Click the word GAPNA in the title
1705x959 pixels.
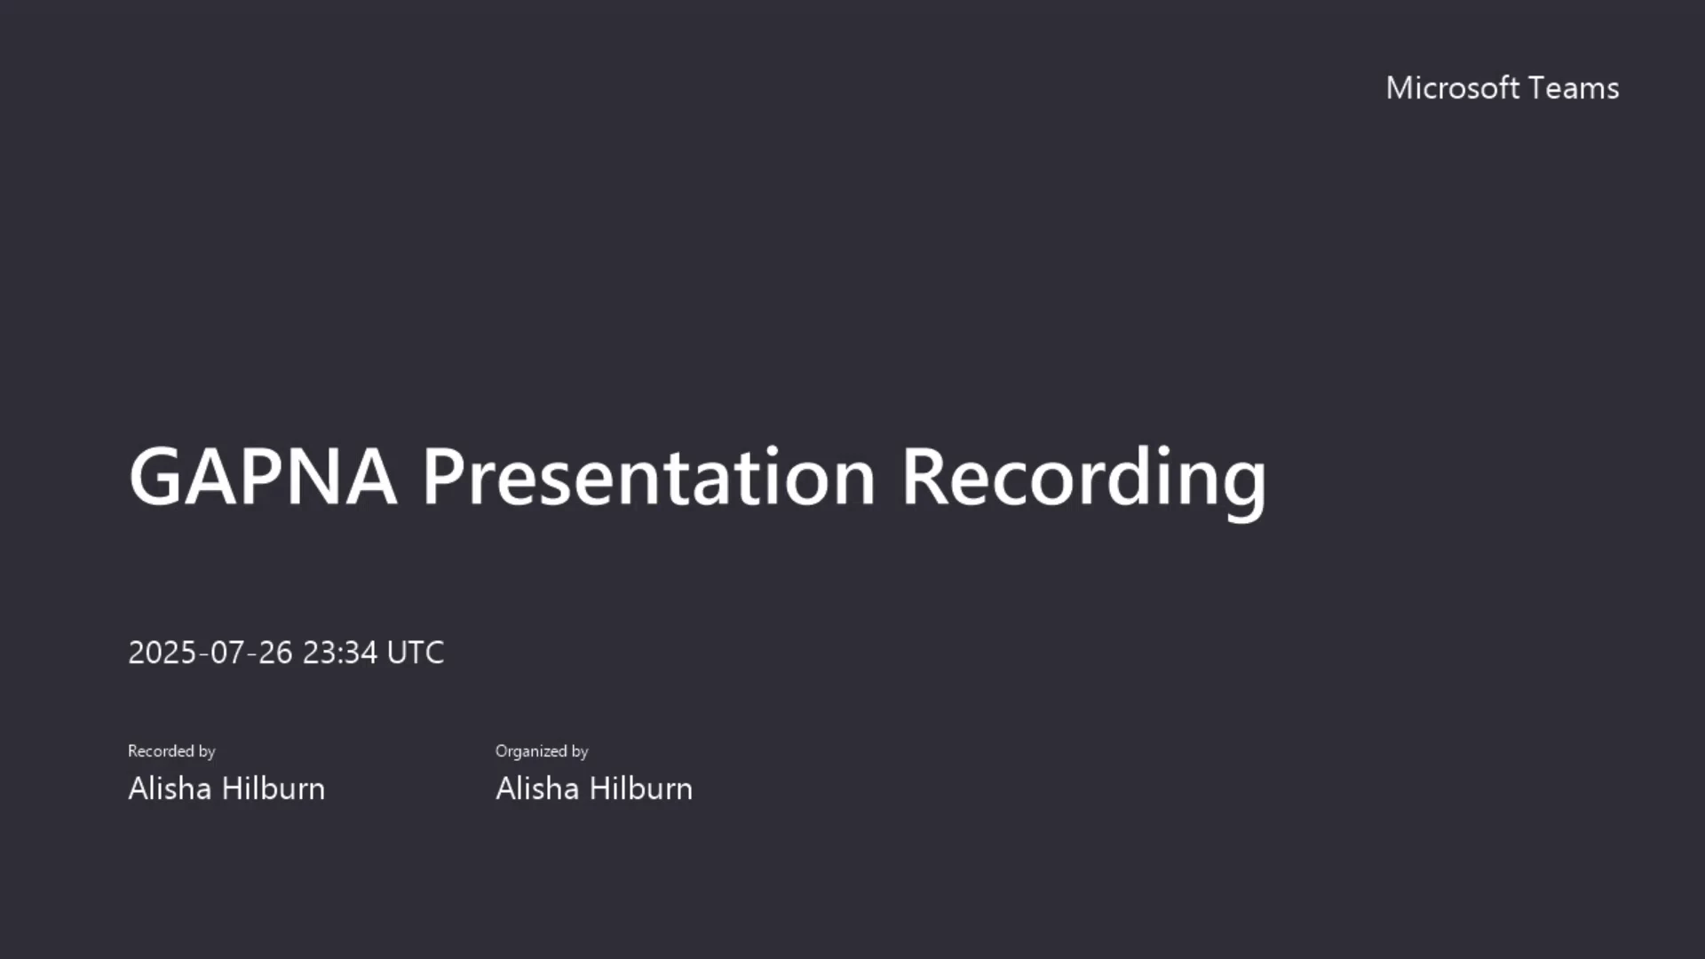(x=262, y=477)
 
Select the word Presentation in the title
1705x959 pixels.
(x=649, y=477)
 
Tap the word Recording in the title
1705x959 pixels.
(x=1084, y=482)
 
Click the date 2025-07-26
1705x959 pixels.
(x=210, y=653)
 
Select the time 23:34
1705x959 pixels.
(x=340, y=653)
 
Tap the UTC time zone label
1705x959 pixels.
(x=416, y=653)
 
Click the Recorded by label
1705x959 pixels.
(x=171, y=751)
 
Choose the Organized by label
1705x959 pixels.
(x=542, y=751)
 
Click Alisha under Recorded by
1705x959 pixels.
(x=170, y=789)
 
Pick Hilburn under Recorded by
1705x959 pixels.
(x=273, y=789)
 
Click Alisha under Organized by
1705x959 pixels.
(x=537, y=789)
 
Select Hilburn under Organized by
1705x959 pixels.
(x=640, y=789)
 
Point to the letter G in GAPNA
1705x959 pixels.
(x=156, y=477)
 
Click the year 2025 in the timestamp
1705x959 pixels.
(x=163, y=653)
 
